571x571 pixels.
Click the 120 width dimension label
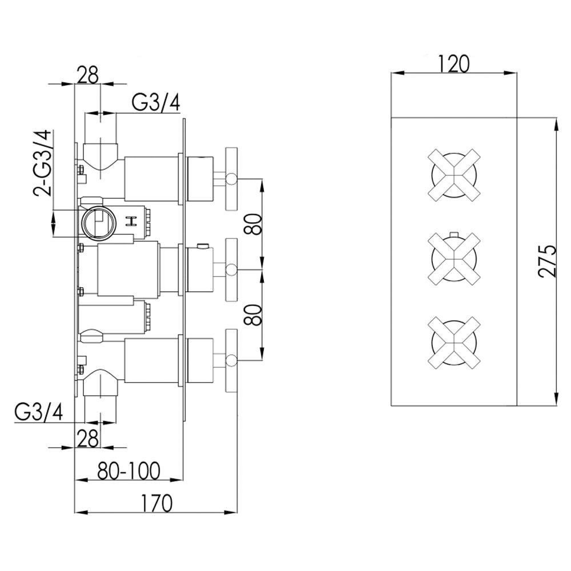[453, 64]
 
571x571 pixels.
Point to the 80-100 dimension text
[128, 471]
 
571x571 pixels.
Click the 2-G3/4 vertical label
[43, 163]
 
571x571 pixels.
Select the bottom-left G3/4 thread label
[39, 413]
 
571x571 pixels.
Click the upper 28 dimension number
[89, 75]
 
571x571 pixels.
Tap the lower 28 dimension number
[89, 438]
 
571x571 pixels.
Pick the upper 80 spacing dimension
[254, 224]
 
